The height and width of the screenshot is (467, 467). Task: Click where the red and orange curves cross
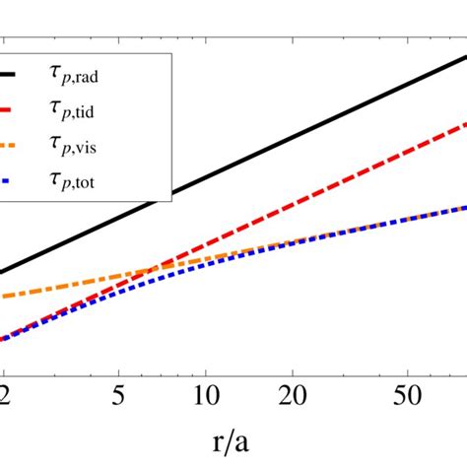coord(148,269)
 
